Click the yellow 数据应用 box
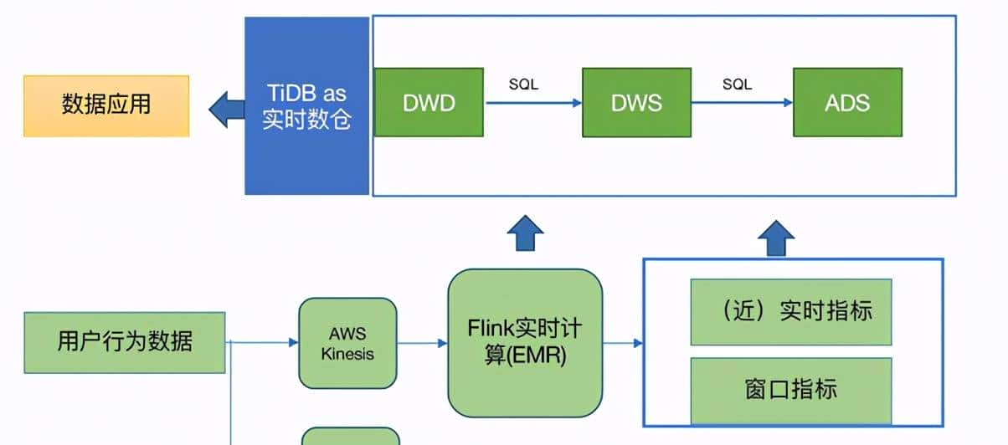(106, 105)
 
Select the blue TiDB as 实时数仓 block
(306, 105)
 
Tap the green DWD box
(429, 103)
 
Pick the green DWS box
(637, 103)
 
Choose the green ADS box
(847, 103)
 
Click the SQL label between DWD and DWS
(523, 84)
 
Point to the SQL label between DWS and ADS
(737, 84)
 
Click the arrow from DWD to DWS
(532, 103)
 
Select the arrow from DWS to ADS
(742, 103)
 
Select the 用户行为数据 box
(125, 342)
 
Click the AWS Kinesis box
(347, 343)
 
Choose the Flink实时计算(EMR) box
(525, 342)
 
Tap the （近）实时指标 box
(790, 312)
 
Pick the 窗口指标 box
(790, 389)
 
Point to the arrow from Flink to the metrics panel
(622, 343)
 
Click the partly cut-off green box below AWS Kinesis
(350, 436)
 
